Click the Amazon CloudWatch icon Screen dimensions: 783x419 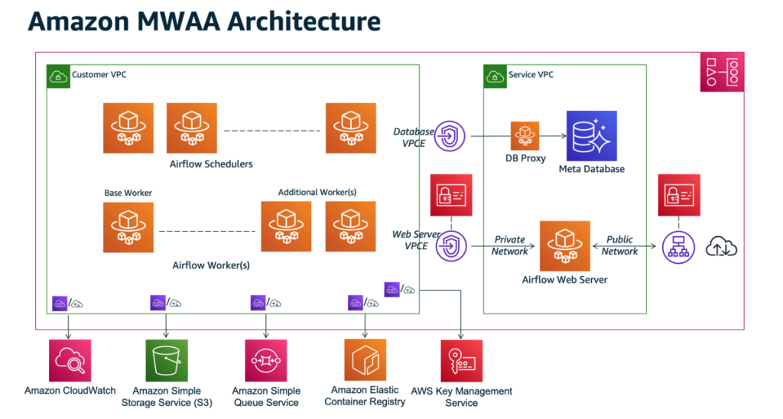pyautogui.click(x=70, y=361)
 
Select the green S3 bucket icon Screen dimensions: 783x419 pyautogui.click(x=167, y=361)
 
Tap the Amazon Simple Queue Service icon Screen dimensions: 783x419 pyautogui.click(x=266, y=361)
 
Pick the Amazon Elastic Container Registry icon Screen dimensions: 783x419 pyautogui.click(x=365, y=360)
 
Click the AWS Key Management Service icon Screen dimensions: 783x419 pyautogui.click(x=461, y=361)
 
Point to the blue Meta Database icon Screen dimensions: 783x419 pyautogui.click(x=592, y=136)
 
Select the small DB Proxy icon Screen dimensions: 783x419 pyautogui.click(x=525, y=136)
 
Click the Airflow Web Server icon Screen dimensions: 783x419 pyautogui.click(x=565, y=246)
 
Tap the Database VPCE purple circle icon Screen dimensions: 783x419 pyautogui.click(x=450, y=136)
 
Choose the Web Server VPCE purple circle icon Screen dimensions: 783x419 pyautogui.click(x=451, y=245)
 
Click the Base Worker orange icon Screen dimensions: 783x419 pyautogui.click(x=128, y=227)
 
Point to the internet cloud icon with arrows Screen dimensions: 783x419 pyautogui.click(x=722, y=247)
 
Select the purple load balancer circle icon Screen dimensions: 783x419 pyautogui.click(x=679, y=247)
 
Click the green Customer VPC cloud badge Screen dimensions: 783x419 pyautogui.click(x=58, y=76)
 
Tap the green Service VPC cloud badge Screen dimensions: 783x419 pyautogui.click(x=495, y=76)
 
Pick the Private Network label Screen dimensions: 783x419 pyautogui.click(x=510, y=245)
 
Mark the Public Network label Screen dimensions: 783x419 pyautogui.click(x=619, y=245)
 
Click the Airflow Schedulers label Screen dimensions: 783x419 pyautogui.click(x=211, y=164)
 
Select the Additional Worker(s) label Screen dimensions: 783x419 pyautogui.click(x=317, y=192)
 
